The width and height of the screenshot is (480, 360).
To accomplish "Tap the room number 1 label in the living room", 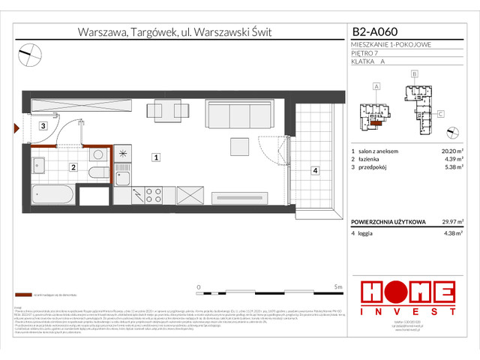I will coord(154,157).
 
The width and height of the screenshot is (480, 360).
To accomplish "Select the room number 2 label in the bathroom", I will coord(73,167).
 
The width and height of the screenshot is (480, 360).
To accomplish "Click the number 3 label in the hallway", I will coord(44,126).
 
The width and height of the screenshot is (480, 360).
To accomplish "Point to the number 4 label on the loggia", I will coord(315,171).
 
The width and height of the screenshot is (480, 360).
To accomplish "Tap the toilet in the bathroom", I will coord(98,172).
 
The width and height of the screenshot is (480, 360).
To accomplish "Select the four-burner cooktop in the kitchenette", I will coord(154,195).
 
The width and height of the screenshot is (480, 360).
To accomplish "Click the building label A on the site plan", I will coord(376,87).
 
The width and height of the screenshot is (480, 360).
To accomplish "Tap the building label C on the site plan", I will coord(442,113).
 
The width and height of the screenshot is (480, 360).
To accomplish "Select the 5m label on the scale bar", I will coord(338,287).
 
